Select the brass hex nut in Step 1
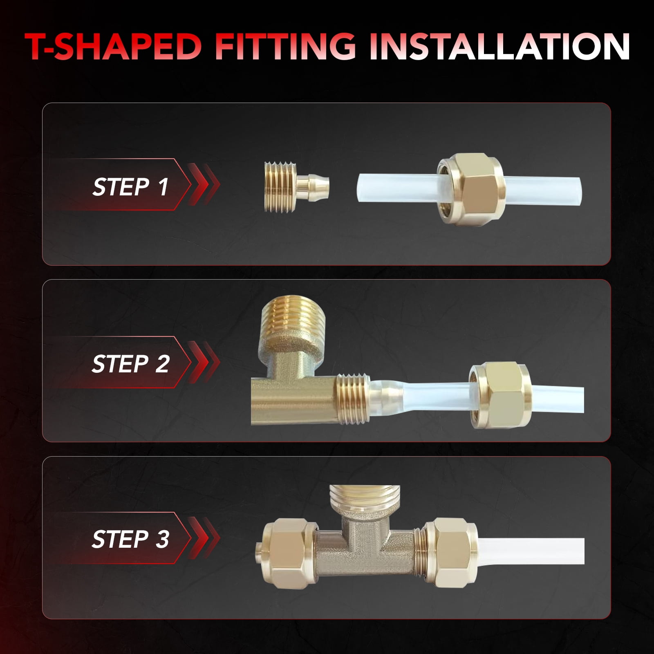(x=468, y=186)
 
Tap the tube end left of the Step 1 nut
(x=399, y=186)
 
